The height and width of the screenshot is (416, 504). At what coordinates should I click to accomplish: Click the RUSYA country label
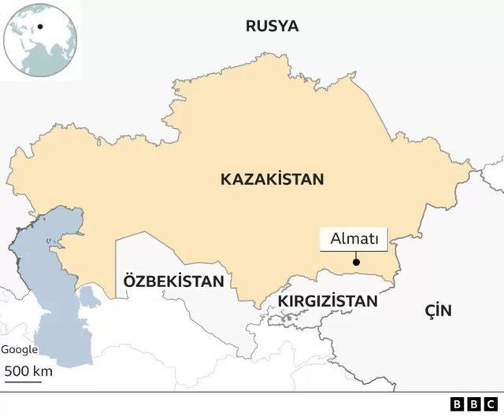point(272,25)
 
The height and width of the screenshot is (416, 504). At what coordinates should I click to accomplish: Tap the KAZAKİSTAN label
point(272,179)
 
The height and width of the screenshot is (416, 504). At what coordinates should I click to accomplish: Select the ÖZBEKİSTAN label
point(172,281)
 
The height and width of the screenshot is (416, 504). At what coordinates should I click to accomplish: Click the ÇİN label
point(438,310)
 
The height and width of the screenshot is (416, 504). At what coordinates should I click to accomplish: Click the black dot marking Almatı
point(356,263)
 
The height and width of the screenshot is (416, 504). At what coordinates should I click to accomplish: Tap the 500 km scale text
point(28,370)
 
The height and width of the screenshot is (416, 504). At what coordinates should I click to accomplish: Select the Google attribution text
point(19,351)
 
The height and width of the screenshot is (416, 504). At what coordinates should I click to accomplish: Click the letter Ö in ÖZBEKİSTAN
point(128,281)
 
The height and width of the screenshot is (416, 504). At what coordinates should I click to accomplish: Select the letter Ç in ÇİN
point(430,310)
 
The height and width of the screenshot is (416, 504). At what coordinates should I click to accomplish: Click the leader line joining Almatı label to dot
point(356,256)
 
